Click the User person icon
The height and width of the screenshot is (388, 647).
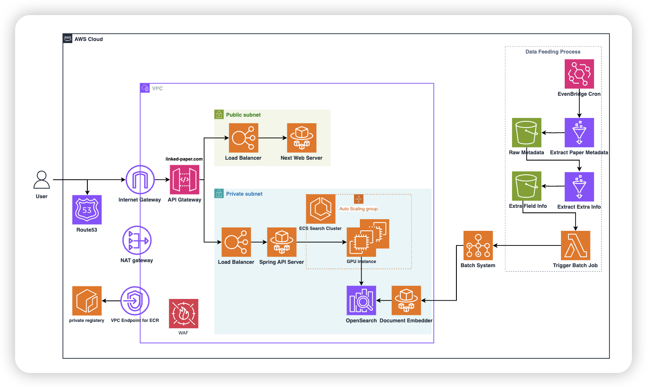[x=42, y=180]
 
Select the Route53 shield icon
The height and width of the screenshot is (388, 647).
[x=87, y=210]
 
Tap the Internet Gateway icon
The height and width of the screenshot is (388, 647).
[x=140, y=180]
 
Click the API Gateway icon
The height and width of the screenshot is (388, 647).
[x=184, y=180]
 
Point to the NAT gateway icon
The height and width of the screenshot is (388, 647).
[x=137, y=240]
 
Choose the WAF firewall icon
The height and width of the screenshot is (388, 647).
[x=183, y=314]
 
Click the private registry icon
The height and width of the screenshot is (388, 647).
[x=87, y=301]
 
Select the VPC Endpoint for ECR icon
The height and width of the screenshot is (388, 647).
[x=135, y=301]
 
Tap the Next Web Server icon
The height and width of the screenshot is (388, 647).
[x=302, y=138]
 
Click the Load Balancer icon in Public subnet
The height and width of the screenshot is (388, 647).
[x=244, y=138]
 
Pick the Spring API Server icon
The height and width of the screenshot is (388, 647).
[x=282, y=242]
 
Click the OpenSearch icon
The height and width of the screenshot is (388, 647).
[x=362, y=300]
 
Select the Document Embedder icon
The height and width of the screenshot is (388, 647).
[x=406, y=300]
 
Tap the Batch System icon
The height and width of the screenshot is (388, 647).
[x=478, y=245]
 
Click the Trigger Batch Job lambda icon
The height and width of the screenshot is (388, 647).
[x=576, y=245]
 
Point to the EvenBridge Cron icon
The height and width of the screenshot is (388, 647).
[x=579, y=74]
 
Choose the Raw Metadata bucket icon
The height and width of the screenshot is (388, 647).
[x=527, y=133]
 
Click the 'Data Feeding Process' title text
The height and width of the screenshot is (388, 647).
[x=553, y=52]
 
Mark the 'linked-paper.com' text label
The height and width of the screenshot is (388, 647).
[x=184, y=159]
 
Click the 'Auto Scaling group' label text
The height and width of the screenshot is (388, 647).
[x=359, y=209]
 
